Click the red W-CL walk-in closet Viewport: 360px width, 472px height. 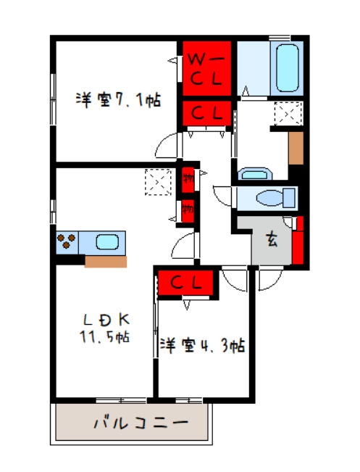[x=206, y=67]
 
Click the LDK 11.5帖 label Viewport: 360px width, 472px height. [x=106, y=328]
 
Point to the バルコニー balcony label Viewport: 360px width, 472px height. [x=141, y=422]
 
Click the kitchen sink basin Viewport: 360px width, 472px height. [x=108, y=241]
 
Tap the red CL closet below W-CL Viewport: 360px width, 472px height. [x=206, y=112]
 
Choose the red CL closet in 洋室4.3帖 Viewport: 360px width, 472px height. [x=185, y=282]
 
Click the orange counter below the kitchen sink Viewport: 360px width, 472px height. [x=106, y=260]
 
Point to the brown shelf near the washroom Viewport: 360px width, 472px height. [x=296, y=149]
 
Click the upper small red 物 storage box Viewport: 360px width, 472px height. [x=188, y=175]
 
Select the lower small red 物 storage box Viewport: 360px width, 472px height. [x=188, y=210]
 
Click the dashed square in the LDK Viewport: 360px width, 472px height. [x=157, y=181]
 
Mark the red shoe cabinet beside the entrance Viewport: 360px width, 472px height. [x=298, y=239]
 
